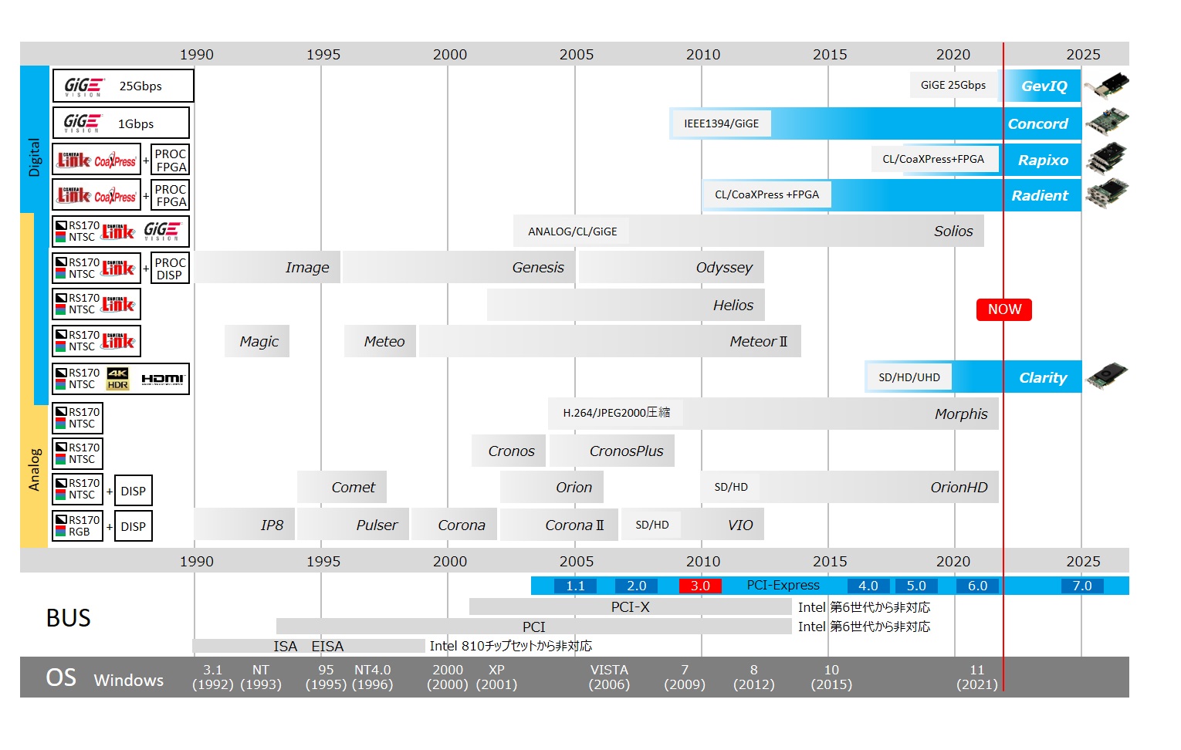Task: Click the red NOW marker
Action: (x=1003, y=309)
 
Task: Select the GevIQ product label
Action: (x=1044, y=86)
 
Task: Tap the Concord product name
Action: (x=1037, y=124)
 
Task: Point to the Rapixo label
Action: (x=1042, y=160)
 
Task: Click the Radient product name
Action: (x=1039, y=196)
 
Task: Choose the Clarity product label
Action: (x=1042, y=377)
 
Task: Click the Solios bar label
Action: (x=953, y=231)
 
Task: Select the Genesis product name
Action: (x=537, y=268)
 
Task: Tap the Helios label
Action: (x=733, y=306)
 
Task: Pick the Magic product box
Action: (x=258, y=342)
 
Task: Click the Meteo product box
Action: (x=383, y=342)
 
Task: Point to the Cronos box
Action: (x=510, y=451)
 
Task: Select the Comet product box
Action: (x=352, y=488)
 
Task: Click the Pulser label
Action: (x=376, y=525)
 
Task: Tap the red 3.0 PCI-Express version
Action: (x=700, y=586)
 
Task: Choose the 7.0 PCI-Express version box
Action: (x=1081, y=586)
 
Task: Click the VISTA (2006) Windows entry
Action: (x=609, y=677)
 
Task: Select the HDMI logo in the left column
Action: (x=162, y=379)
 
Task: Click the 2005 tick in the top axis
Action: (x=576, y=55)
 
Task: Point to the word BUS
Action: (x=69, y=618)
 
